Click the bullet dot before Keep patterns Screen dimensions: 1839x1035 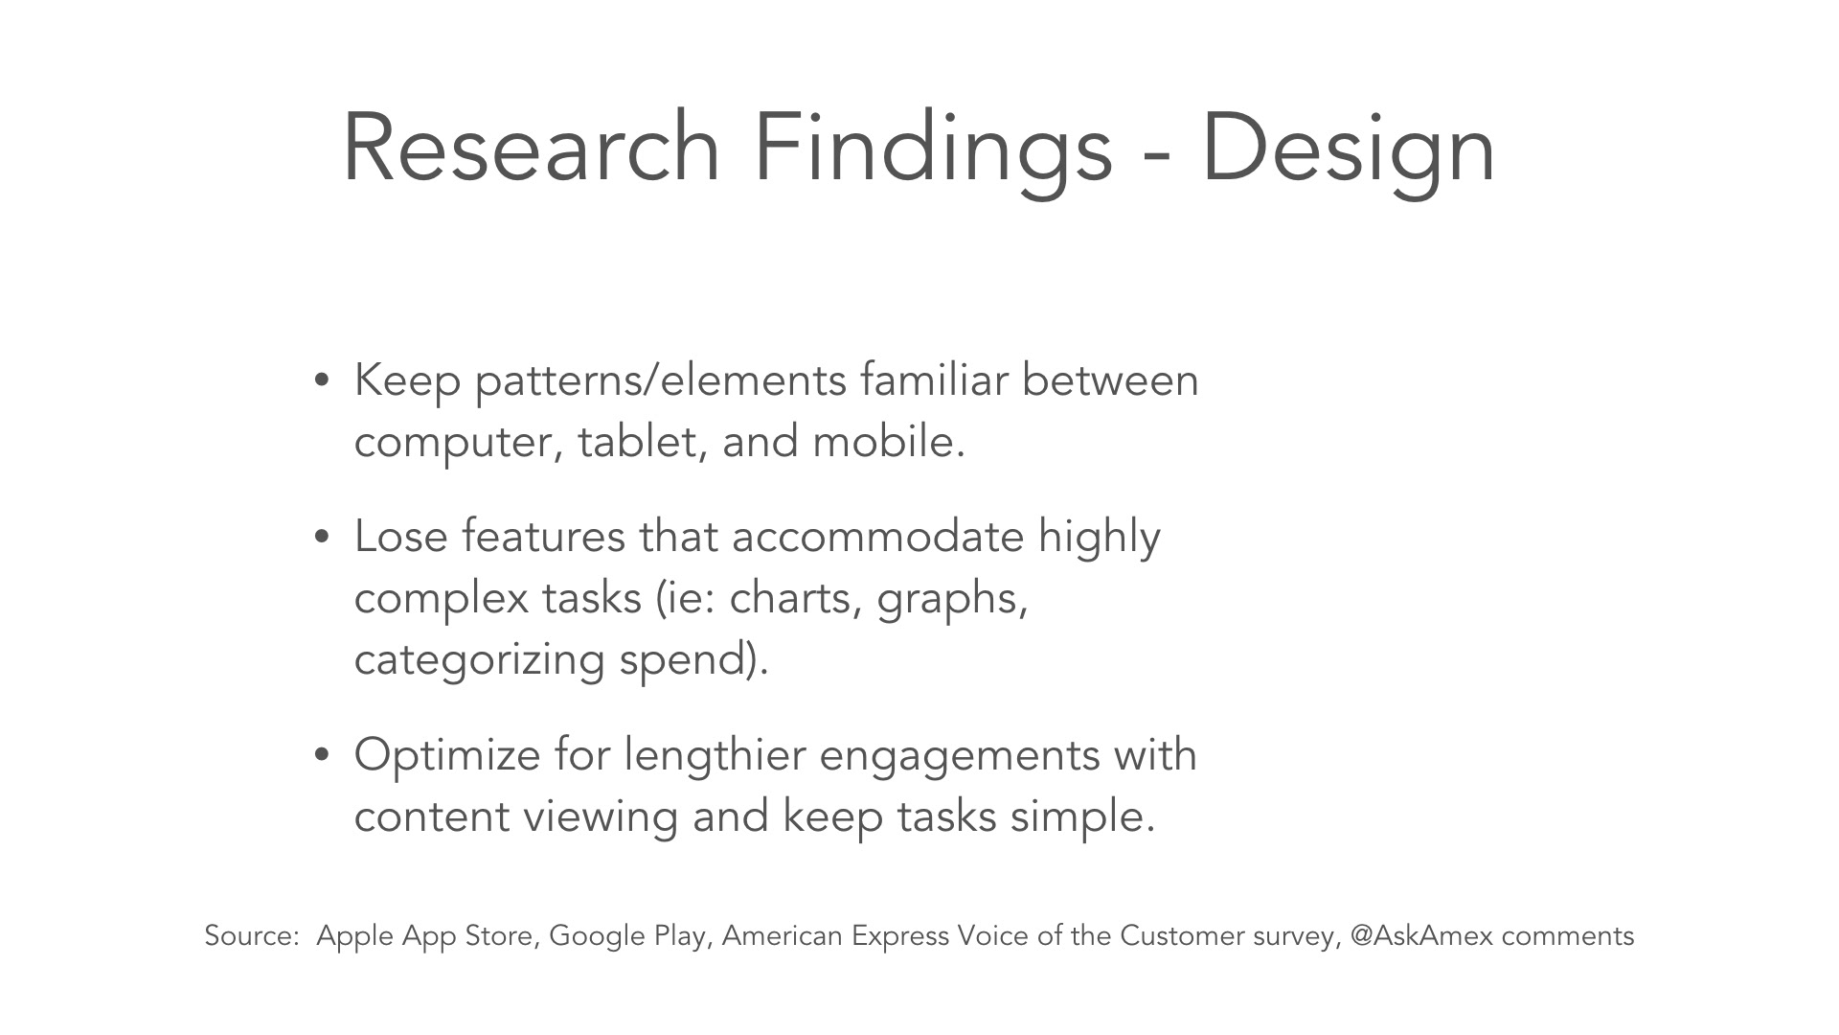click(x=322, y=381)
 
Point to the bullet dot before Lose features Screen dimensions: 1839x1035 click(x=322, y=538)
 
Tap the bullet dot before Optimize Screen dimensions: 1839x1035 click(x=322, y=755)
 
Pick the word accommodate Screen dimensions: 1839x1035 click(x=877, y=537)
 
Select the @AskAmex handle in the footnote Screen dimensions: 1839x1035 click(x=1421, y=936)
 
